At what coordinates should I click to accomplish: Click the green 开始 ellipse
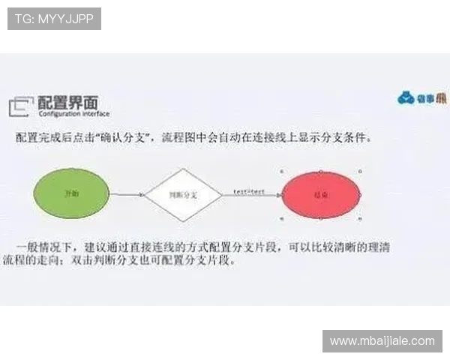71,193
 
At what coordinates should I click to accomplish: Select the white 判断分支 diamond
183,194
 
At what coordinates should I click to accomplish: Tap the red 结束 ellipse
321,194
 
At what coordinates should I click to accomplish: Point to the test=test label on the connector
248,192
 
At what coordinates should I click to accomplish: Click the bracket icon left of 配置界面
21,107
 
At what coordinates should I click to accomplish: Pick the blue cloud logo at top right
406,98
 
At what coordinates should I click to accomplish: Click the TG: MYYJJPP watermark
54,18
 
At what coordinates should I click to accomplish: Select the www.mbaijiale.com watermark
382,341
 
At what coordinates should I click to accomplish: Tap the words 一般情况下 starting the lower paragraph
47,246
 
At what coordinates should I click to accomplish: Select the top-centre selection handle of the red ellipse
321,169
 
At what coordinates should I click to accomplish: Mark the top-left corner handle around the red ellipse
281,169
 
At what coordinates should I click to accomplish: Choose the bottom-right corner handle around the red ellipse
361,219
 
